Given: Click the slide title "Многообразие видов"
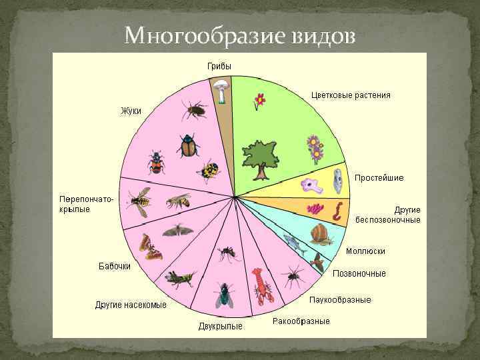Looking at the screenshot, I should (x=239, y=34).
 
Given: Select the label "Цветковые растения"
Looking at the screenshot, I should (x=351, y=95).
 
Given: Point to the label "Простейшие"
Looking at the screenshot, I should (x=379, y=178).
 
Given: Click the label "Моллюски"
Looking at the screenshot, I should (x=365, y=251).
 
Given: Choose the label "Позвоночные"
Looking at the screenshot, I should (x=359, y=273).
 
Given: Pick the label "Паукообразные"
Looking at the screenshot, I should (x=340, y=299).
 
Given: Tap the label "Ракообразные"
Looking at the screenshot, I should (x=301, y=321).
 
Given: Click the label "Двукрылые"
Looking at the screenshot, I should (x=220, y=326).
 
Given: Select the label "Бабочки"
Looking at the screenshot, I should (x=115, y=266).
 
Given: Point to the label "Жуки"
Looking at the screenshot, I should (x=131, y=111).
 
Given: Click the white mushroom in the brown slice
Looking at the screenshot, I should (x=219, y=89).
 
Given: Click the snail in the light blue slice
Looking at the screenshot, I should (x=321, y=233).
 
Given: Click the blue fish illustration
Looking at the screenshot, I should (x=293, y=244).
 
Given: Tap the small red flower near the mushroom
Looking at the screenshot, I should (x=259, y=101).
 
